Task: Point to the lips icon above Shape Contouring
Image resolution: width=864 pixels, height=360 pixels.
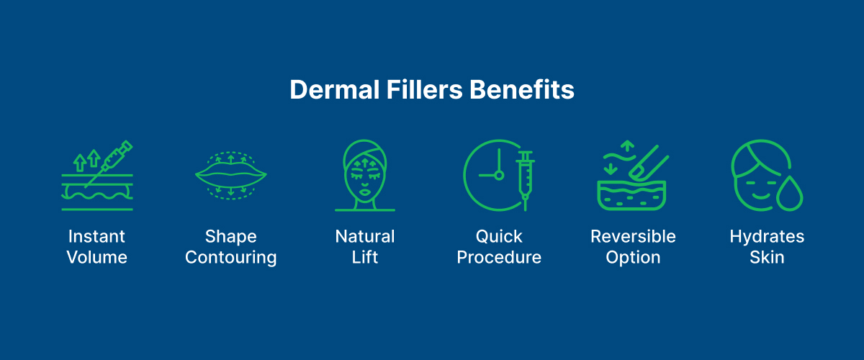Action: click(231, 175)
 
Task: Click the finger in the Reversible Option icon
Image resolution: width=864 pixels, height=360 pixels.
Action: click(645, 162)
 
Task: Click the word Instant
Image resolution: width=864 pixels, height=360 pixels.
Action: click(96, 236)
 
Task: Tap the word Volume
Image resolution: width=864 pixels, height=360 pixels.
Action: click(96, 257)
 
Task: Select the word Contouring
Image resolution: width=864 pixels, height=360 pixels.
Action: click(231, 257)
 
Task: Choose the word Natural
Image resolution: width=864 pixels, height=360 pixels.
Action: click(365, 236)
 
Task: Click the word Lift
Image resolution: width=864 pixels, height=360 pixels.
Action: click(365, 257)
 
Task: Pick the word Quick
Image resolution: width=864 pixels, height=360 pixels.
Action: click(499, 236)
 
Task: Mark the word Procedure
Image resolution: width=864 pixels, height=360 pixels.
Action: click(499, 257)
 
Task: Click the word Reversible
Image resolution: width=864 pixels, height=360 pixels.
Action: click(633, 236)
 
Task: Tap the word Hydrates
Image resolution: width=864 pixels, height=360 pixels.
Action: click(767, 236)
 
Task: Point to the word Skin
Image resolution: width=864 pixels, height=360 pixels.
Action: click(767, 257)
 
